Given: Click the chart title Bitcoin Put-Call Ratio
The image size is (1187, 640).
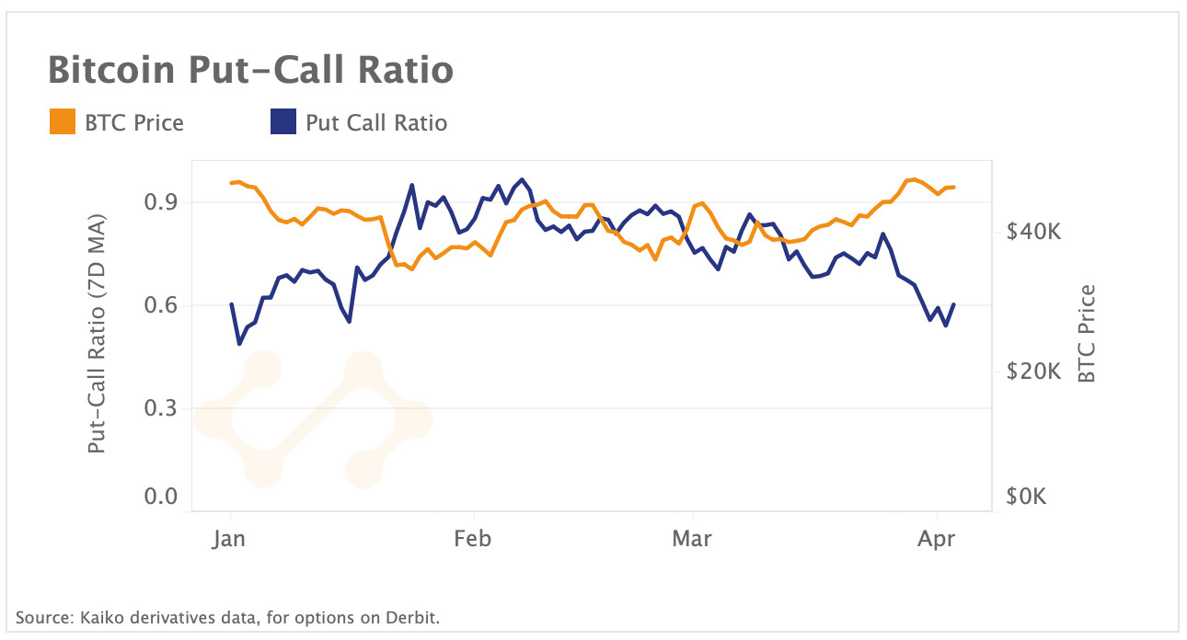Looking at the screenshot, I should click(250, 71).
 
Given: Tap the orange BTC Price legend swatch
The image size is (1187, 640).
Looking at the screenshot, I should click(63, 122).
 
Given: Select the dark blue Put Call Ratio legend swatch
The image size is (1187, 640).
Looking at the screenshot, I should click(283, 122).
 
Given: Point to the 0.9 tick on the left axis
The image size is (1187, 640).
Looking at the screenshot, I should click(161, 202).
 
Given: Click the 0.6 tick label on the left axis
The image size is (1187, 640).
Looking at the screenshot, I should click(161, 305).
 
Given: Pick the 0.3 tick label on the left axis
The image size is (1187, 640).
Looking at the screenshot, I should click(161, 408).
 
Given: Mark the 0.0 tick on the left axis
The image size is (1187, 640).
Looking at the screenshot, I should click(161, 497).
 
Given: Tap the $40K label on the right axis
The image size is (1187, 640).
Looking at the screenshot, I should click(1034, 233).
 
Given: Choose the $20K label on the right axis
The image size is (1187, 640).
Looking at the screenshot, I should click(1034, 371).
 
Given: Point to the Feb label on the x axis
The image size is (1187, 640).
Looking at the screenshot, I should click(473, 539).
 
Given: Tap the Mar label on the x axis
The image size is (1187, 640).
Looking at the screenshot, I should click(692, 539).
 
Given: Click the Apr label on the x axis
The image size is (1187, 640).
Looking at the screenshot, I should click(937, 539).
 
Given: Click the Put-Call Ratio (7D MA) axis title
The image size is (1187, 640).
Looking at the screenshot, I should click(97, 335).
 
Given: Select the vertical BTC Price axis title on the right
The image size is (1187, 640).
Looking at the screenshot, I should click(1087, 334).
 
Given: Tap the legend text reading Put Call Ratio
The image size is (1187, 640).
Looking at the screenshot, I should click(376, 122).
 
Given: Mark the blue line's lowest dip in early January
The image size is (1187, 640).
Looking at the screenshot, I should click(239, 344).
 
